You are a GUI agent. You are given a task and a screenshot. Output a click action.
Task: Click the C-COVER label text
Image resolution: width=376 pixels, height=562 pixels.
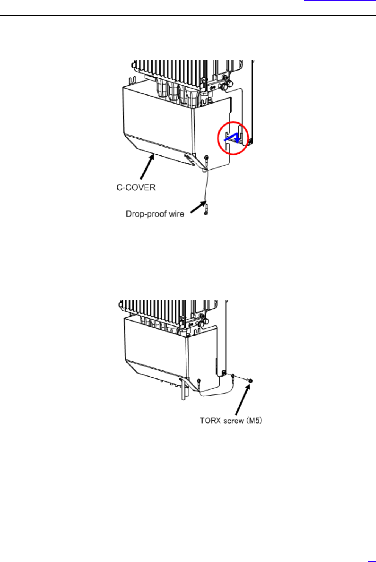[136, 187]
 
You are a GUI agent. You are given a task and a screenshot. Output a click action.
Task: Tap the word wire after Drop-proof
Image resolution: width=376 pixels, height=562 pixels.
[176, 214]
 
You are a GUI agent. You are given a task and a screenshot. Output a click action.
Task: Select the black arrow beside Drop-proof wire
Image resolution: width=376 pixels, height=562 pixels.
[197, 207]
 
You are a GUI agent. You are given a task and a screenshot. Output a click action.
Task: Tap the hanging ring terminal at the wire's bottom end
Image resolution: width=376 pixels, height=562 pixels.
[206, 209]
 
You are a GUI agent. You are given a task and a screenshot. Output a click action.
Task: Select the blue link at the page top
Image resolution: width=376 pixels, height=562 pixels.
[340, 0]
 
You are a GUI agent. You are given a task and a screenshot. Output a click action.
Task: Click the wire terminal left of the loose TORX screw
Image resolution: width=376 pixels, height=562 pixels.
[233, 377]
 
